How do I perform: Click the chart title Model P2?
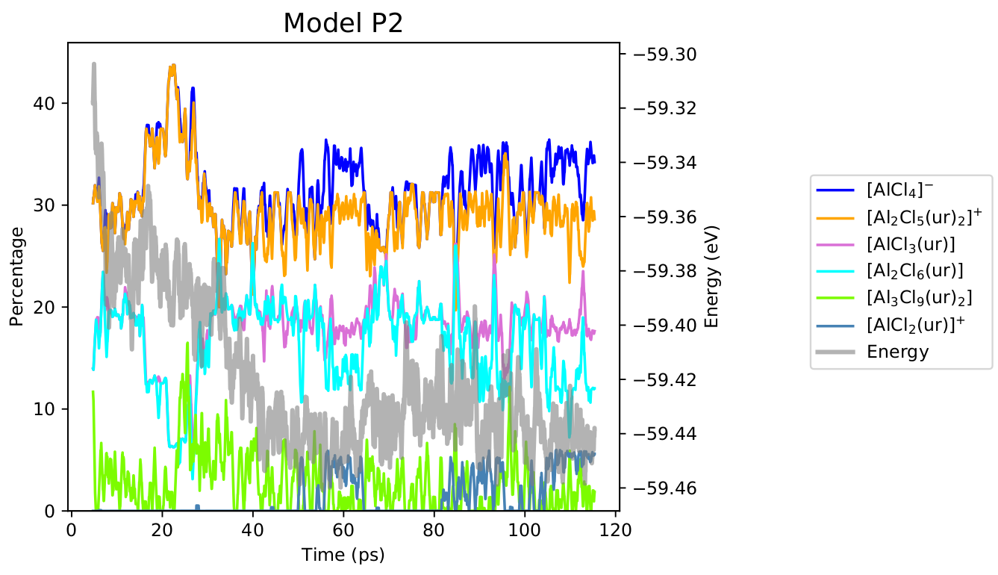click(x=343, y=24)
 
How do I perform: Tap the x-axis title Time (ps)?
click(x=343, y=555)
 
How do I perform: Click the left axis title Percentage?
click(x=16, y=276)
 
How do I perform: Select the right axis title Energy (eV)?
click(x=711, y=276)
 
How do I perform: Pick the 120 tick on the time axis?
click(x=615, y=529)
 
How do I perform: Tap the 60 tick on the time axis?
click(x=343, y=529)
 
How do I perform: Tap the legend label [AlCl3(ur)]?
click(x=911, y=244)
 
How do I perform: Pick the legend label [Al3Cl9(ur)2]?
click(x=919, y=298)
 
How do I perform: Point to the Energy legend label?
click(x=897, y=352)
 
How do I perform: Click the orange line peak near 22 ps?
click(x=172, y=66)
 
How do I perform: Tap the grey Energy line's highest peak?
click(x=94, y=64)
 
